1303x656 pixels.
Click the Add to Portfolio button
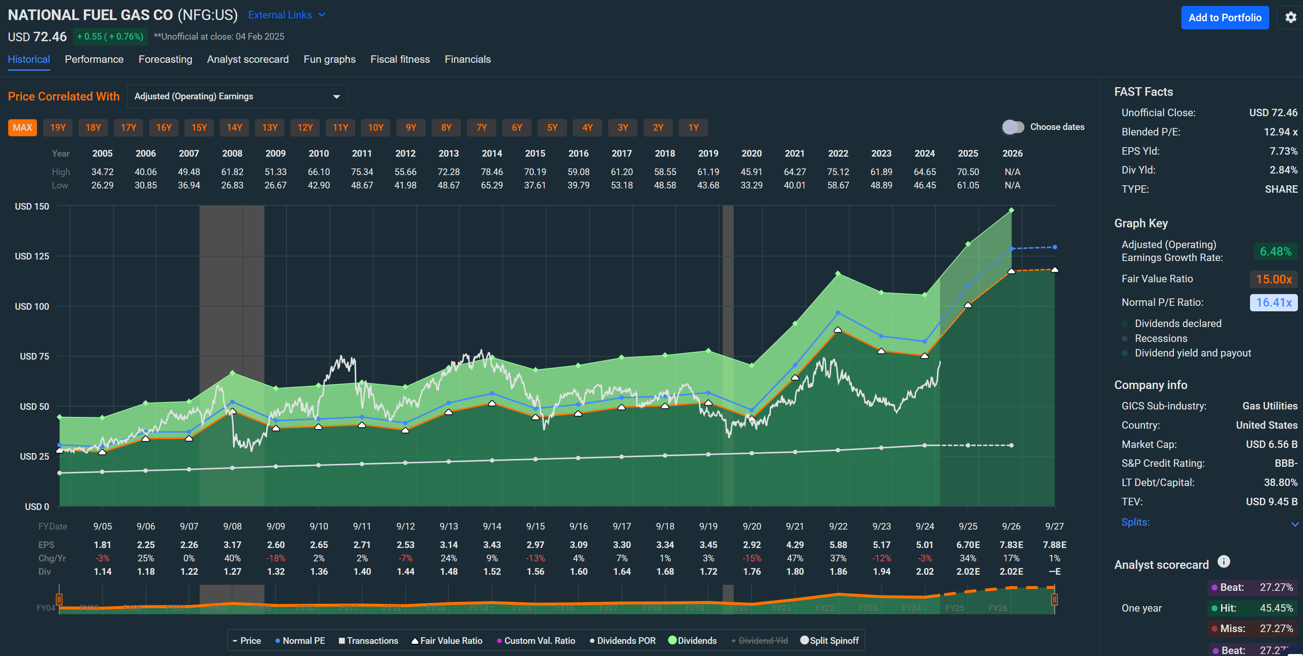point(1224,18)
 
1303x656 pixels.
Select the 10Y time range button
point(375,128)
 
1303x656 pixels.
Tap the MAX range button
point(22,128)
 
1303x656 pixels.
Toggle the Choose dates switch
point(1013,127)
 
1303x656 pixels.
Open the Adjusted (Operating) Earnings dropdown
point(237,96)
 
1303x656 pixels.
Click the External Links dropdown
point(286,15)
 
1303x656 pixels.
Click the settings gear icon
point(1290,18)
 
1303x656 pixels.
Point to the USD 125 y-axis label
point(32,256)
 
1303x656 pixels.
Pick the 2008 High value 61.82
point(232,172)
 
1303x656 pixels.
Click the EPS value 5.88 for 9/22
point(838,545)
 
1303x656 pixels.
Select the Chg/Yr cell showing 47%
point(795,558)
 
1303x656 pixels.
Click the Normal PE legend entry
point(300,640)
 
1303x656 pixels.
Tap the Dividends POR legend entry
point(623,640)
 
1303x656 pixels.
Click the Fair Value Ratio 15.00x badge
point(1273,279)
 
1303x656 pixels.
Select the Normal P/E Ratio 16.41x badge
point(1273,302)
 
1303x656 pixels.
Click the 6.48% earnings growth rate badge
point(1275,252)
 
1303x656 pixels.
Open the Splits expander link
point(1135,522)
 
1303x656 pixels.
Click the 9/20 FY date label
point(752,526)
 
